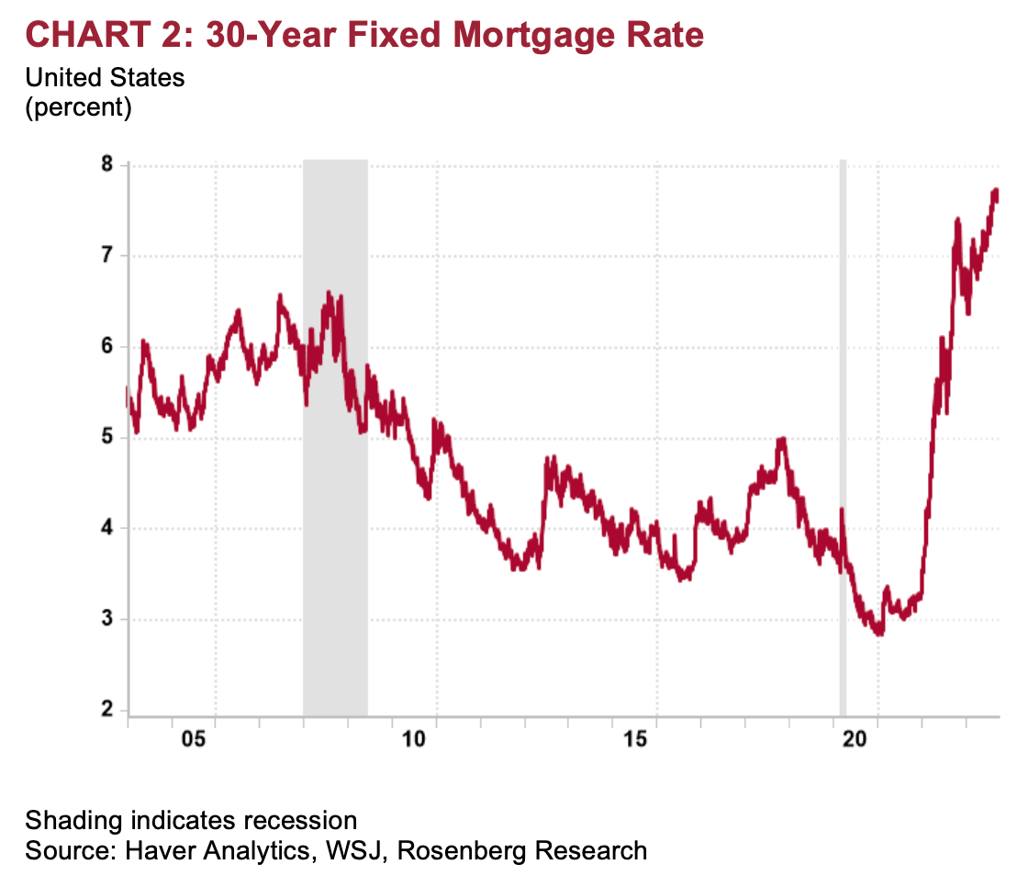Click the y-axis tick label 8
[x=106, y=165]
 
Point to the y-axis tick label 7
[x=106, y=255]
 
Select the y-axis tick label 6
[x=106, y=346]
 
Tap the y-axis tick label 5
[x=106, y=437]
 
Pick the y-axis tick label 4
[x=106, y=528]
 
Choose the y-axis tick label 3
[x=106, y=619]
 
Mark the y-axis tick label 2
[x=106, y=710]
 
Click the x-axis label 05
[x=193, y=741]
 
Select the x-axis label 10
[x=414, y=741]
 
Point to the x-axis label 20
[x=856, y=741]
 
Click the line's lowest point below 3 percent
[x=879, y=633]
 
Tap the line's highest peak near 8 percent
[x=995, y=191]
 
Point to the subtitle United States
[x=105, y=78]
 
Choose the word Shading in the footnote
[x=69, y=820]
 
